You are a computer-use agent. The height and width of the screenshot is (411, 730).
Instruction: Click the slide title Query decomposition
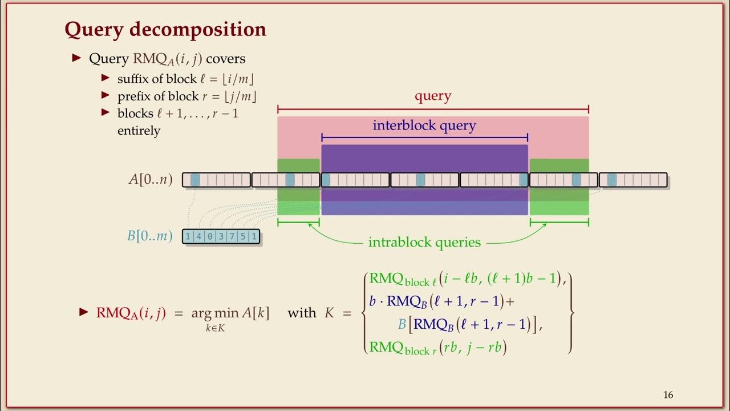[165, 29]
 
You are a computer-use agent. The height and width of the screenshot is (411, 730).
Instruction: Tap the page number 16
[668, 395]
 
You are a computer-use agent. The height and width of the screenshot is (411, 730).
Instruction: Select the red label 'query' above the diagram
[433, 96]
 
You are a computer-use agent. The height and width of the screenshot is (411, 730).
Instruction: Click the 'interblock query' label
[424, 126]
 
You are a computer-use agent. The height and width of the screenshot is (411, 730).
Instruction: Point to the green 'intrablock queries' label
[424, 243]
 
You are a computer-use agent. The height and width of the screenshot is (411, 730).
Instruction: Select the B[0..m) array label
[150, 236]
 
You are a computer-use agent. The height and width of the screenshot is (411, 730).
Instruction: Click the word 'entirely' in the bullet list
[139, 131]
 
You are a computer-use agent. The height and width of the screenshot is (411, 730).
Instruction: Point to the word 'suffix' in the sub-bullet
[132, 79]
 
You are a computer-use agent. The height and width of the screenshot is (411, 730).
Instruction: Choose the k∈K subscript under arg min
[215, 328]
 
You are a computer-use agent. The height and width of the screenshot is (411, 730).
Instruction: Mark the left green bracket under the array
[298, 222]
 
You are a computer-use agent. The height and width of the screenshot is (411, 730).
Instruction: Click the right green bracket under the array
[559, 222]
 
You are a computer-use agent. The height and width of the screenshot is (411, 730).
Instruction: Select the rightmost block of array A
[633, 180]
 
